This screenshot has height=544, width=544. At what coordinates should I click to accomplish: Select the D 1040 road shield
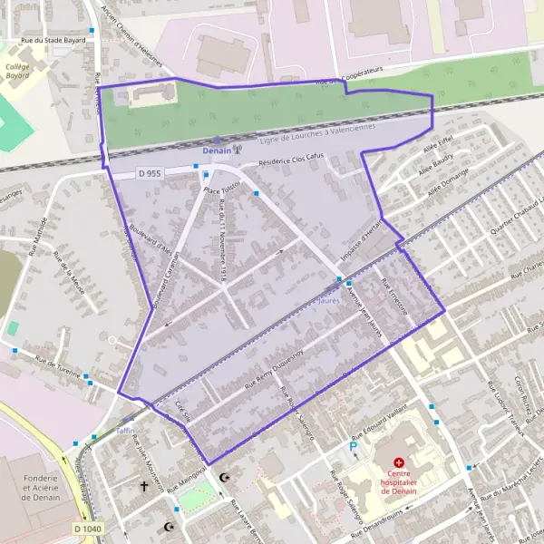click(x=88, y=529)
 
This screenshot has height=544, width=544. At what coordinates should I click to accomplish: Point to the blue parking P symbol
click(x=354, y=447)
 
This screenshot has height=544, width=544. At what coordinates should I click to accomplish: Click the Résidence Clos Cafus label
click(x=291, y=160)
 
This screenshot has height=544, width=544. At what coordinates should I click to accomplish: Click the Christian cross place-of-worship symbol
click(x=143, y=487)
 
